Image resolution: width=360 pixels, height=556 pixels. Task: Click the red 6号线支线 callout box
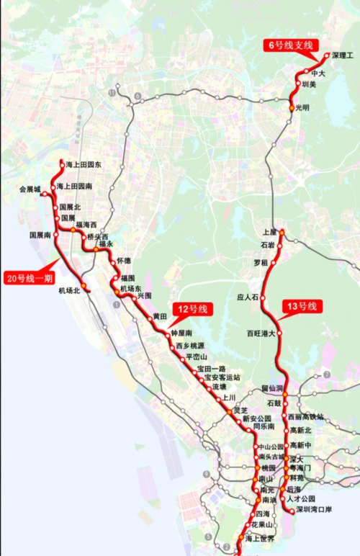click(x=291, y=45)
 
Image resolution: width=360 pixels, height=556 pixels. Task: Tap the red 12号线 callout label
click(x=192, y=309)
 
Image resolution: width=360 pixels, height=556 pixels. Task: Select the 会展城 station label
click(x=30, y=190)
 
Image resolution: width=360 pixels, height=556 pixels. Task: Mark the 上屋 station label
click(x=270, y=232)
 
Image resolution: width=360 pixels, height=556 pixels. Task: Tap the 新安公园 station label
click(x=256, y=418)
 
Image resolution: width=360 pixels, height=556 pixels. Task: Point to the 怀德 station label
click(x=125, y=260)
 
